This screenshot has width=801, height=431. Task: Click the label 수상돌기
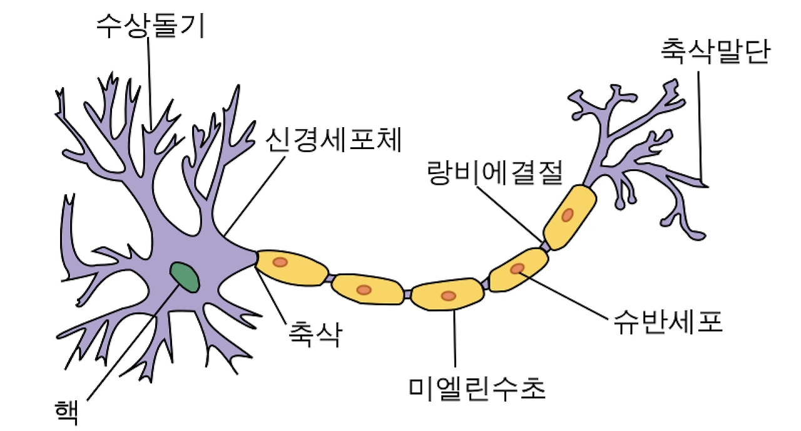150,26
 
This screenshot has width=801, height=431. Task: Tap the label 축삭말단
714,53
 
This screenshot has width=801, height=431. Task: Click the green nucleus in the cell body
186,278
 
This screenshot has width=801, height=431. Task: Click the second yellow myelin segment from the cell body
367,289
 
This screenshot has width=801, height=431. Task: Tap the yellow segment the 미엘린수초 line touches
447,295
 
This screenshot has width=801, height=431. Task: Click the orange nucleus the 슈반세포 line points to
518,269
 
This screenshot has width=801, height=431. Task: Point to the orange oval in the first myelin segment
280,262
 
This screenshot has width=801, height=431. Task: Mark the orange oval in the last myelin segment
567,215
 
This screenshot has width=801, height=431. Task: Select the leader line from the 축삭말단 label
700,125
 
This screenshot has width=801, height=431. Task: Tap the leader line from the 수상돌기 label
150,81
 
